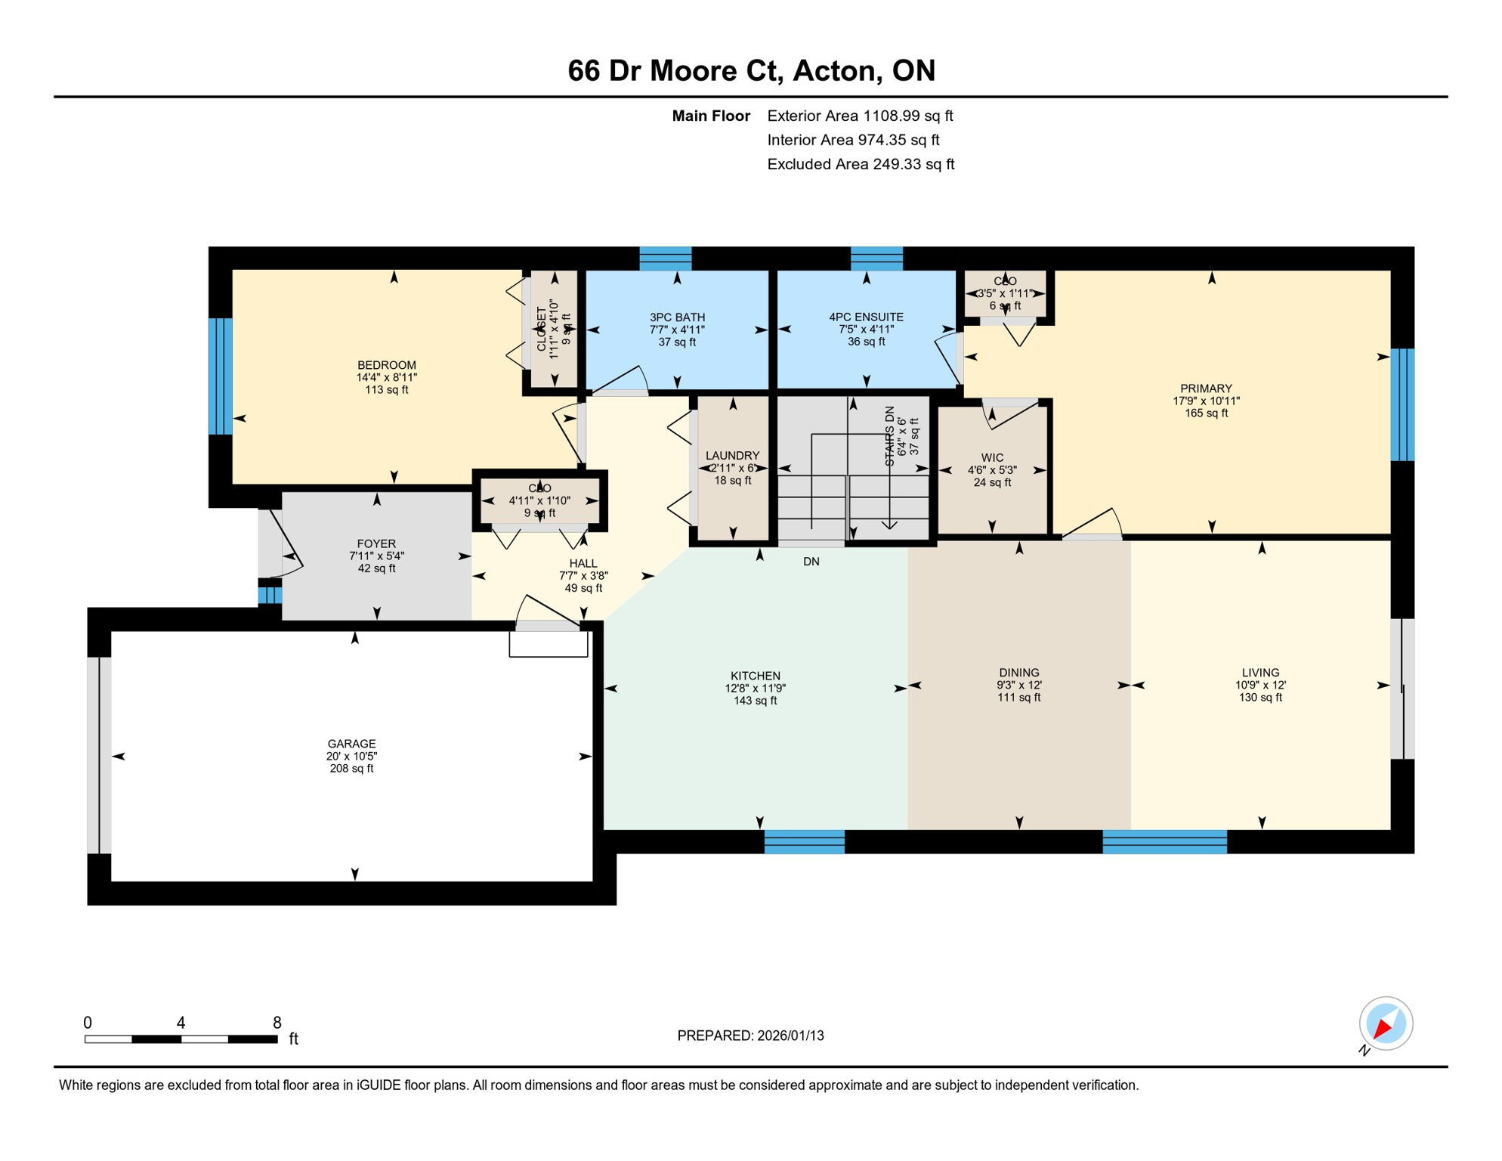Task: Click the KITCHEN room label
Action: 755,676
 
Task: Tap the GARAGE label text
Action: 351,744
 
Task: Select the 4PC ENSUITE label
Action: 866,317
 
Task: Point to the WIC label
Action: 992,458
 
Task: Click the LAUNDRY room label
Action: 732,456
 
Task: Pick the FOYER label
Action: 376,544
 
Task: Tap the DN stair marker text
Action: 811,562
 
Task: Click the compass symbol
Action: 1386,1024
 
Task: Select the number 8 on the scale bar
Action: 277,1023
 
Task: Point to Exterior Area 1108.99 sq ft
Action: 860,116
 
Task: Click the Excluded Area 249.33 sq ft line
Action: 861,164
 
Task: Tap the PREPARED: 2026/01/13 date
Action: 750,1036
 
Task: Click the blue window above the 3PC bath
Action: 665,259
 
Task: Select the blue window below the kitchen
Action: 804,842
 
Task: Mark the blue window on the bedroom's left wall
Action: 221,376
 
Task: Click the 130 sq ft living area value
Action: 1260,698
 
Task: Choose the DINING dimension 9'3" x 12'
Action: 1018,686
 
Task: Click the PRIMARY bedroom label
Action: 1206,389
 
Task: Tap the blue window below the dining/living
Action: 1164,842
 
